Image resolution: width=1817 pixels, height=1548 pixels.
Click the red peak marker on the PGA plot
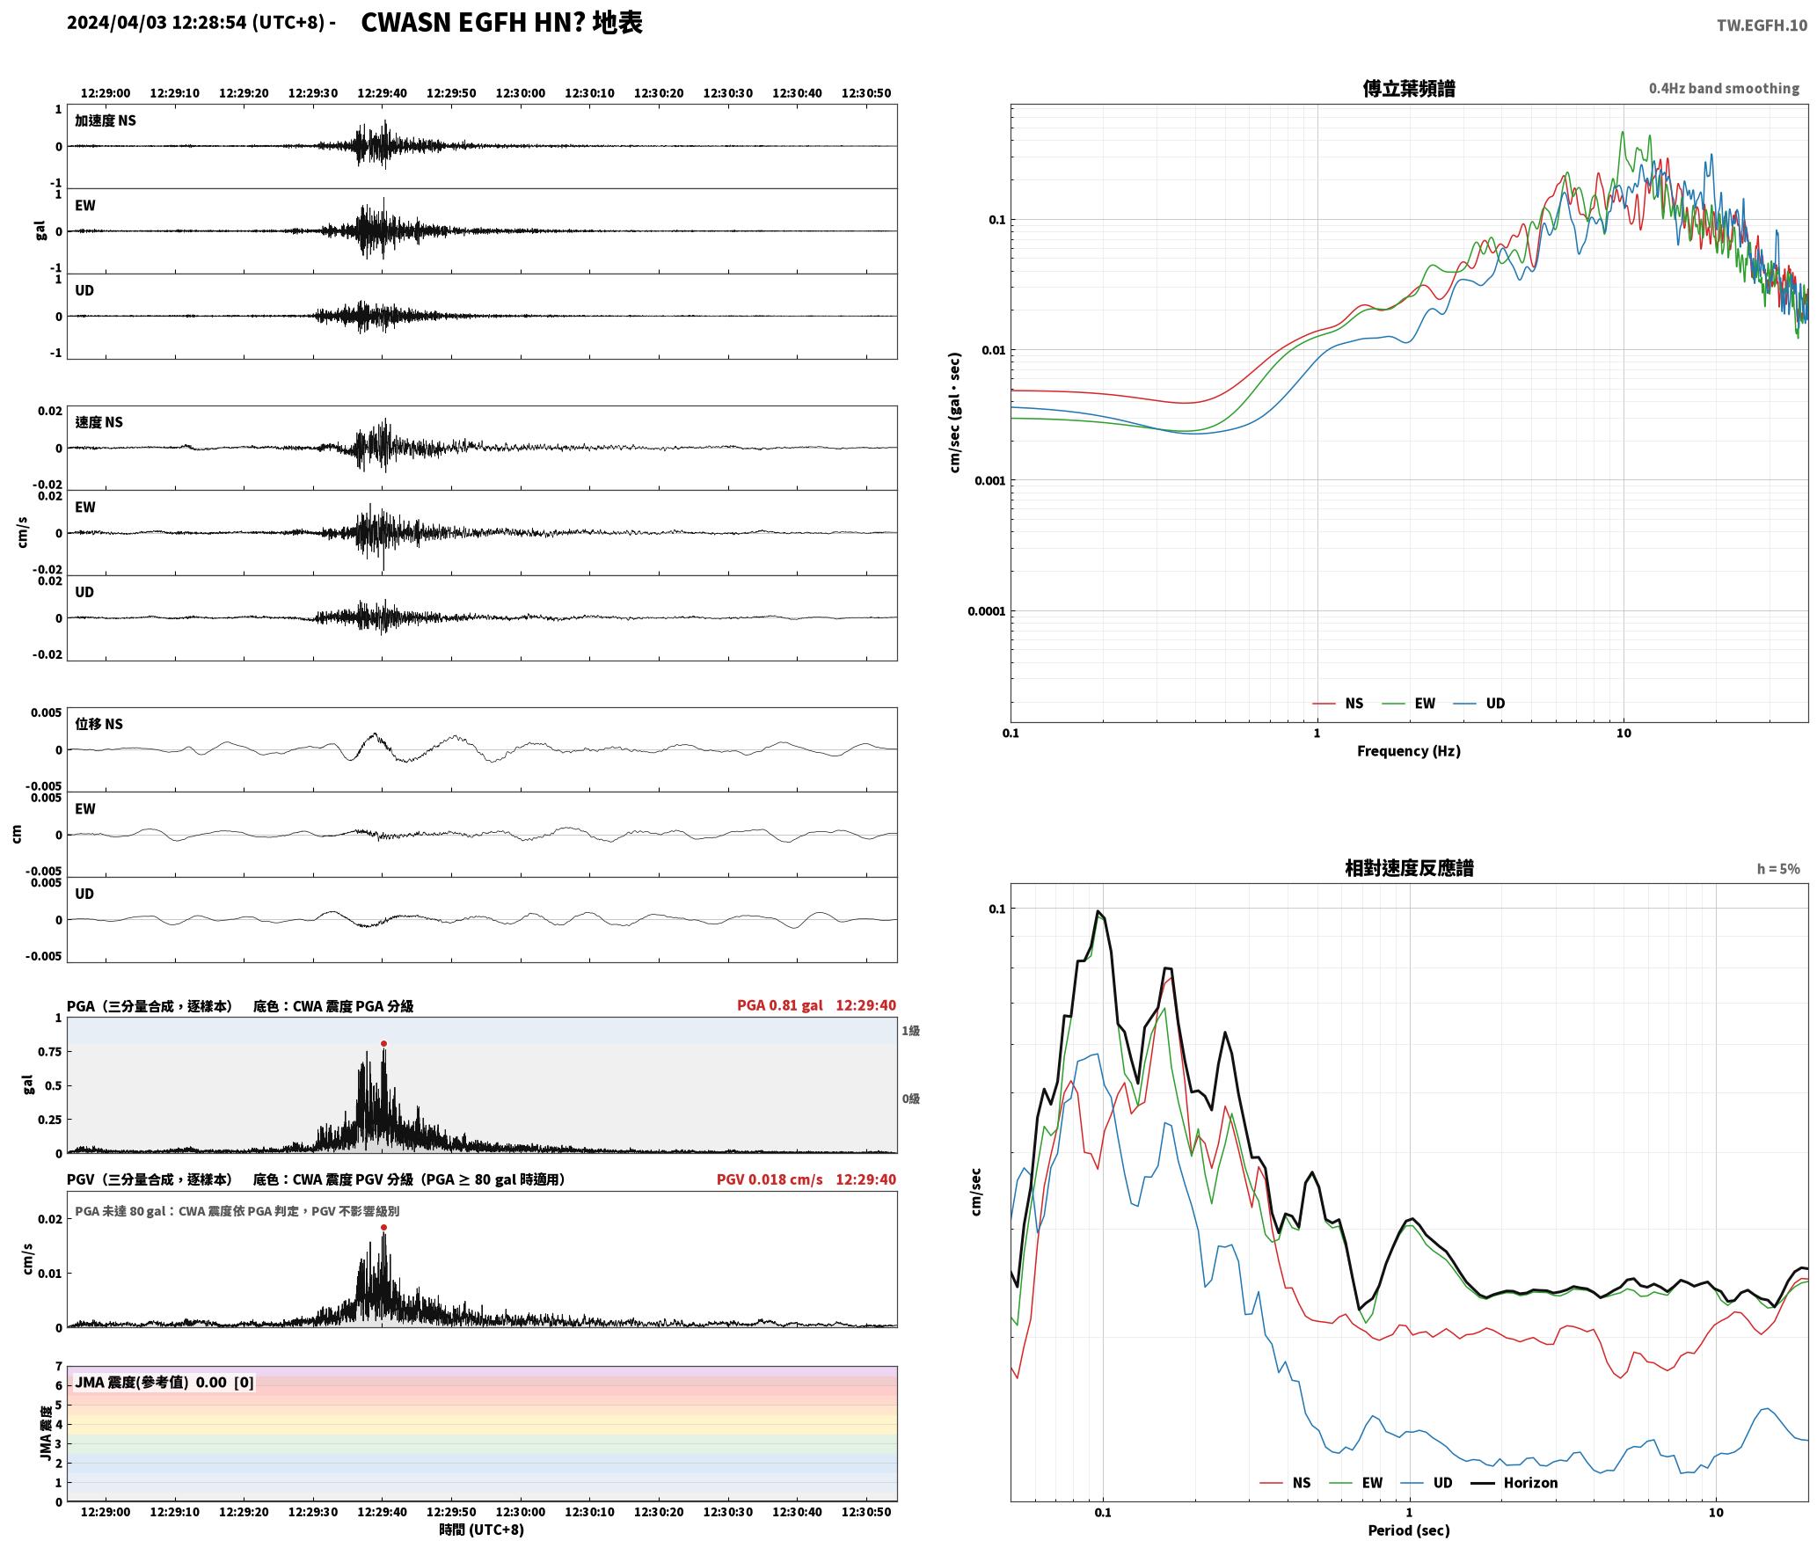coord(383,1043)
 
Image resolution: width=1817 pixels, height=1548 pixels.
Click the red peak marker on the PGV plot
coord(383,1227)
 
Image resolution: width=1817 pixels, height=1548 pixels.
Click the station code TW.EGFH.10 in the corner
coord(1762,26)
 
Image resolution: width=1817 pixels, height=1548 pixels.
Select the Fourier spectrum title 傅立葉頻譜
coord(1409,89)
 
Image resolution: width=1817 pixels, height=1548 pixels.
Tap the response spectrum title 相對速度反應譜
coord(1409,868)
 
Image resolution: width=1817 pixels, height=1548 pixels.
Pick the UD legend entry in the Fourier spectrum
coord(1479,704)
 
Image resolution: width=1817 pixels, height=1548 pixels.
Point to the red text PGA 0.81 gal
coord(780,1005)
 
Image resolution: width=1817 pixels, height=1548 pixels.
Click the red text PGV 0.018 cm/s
coord(770,1179)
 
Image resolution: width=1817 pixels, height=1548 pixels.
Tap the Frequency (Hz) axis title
coord(1409,751)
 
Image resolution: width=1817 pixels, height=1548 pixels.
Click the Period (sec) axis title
coord(1409,1530)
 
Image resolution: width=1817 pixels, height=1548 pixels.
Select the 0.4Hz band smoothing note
coord(1724,88)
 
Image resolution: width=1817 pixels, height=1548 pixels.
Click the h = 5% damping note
coord(1778,869)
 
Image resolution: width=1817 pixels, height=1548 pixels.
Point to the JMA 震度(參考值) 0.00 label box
coord(164,1382)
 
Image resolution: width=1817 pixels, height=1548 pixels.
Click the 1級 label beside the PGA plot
coord(911,1031)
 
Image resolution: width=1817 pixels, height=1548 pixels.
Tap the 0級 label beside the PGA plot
coord(911,1099)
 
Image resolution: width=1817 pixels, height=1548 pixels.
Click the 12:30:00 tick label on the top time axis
coord(521,93)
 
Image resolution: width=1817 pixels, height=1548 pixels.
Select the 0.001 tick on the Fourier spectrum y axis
coord(989,481)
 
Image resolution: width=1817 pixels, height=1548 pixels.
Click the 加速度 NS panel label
coord(106,120)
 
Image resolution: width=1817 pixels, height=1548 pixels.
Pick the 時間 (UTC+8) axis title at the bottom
coord(482,1530)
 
